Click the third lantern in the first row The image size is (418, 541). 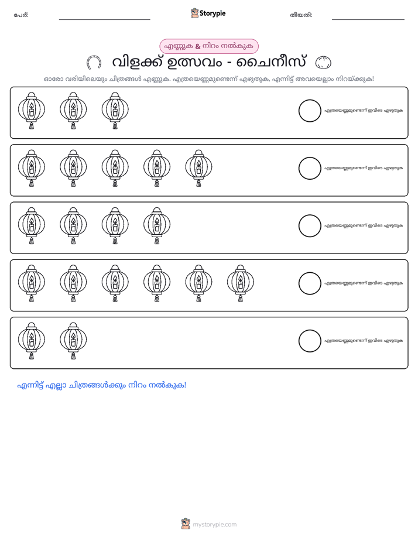115,111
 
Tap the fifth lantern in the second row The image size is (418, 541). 198,168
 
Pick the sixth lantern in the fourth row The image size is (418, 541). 241,283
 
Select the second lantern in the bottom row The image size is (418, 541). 73,341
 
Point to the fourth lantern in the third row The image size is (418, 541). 157,225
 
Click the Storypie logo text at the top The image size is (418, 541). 213,13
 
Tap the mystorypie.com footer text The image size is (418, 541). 214,525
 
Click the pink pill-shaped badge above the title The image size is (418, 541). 208,46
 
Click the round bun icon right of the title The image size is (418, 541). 323,63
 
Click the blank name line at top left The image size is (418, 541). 104,20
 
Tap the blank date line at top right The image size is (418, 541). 368,20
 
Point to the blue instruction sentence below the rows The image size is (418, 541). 102,385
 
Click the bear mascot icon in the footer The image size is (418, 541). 186,524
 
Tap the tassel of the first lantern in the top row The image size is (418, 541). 32,126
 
